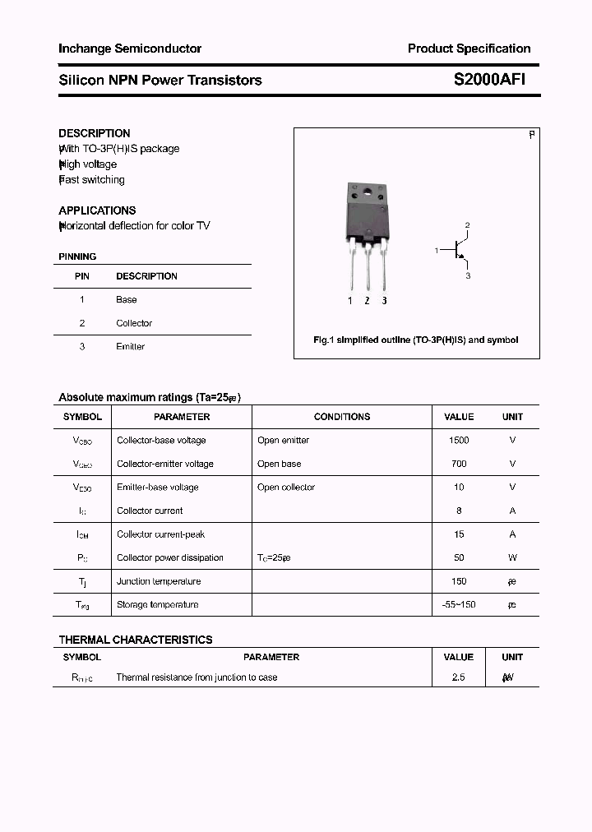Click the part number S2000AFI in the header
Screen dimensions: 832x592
click(489, 80)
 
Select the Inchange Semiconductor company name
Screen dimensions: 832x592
click(130, 49)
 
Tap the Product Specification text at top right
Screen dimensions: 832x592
click(469, 49)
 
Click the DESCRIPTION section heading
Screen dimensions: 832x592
click(94, 133)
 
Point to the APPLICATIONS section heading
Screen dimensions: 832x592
click(97, 210)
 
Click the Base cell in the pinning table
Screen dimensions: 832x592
click(126, 300)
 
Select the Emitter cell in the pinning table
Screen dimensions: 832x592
click(130, 347)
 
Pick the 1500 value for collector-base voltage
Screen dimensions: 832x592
click(459, 441)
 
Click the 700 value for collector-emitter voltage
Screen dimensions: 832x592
click(459, 464)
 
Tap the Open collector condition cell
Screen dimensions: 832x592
click(285, 488)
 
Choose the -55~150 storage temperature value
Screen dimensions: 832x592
click(459, 605)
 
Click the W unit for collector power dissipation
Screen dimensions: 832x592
click(512, 558)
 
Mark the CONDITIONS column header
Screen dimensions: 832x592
click(342, 417)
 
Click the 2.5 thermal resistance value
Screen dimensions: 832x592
click(459, 677)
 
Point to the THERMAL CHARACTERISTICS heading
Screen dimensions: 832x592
click(136, 640)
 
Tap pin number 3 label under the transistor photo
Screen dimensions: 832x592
click(384, 301)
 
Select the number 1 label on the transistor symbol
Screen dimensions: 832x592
click(437, 249)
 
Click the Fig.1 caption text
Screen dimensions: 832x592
click(416, 340)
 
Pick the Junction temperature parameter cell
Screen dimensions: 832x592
click(159, 581)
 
